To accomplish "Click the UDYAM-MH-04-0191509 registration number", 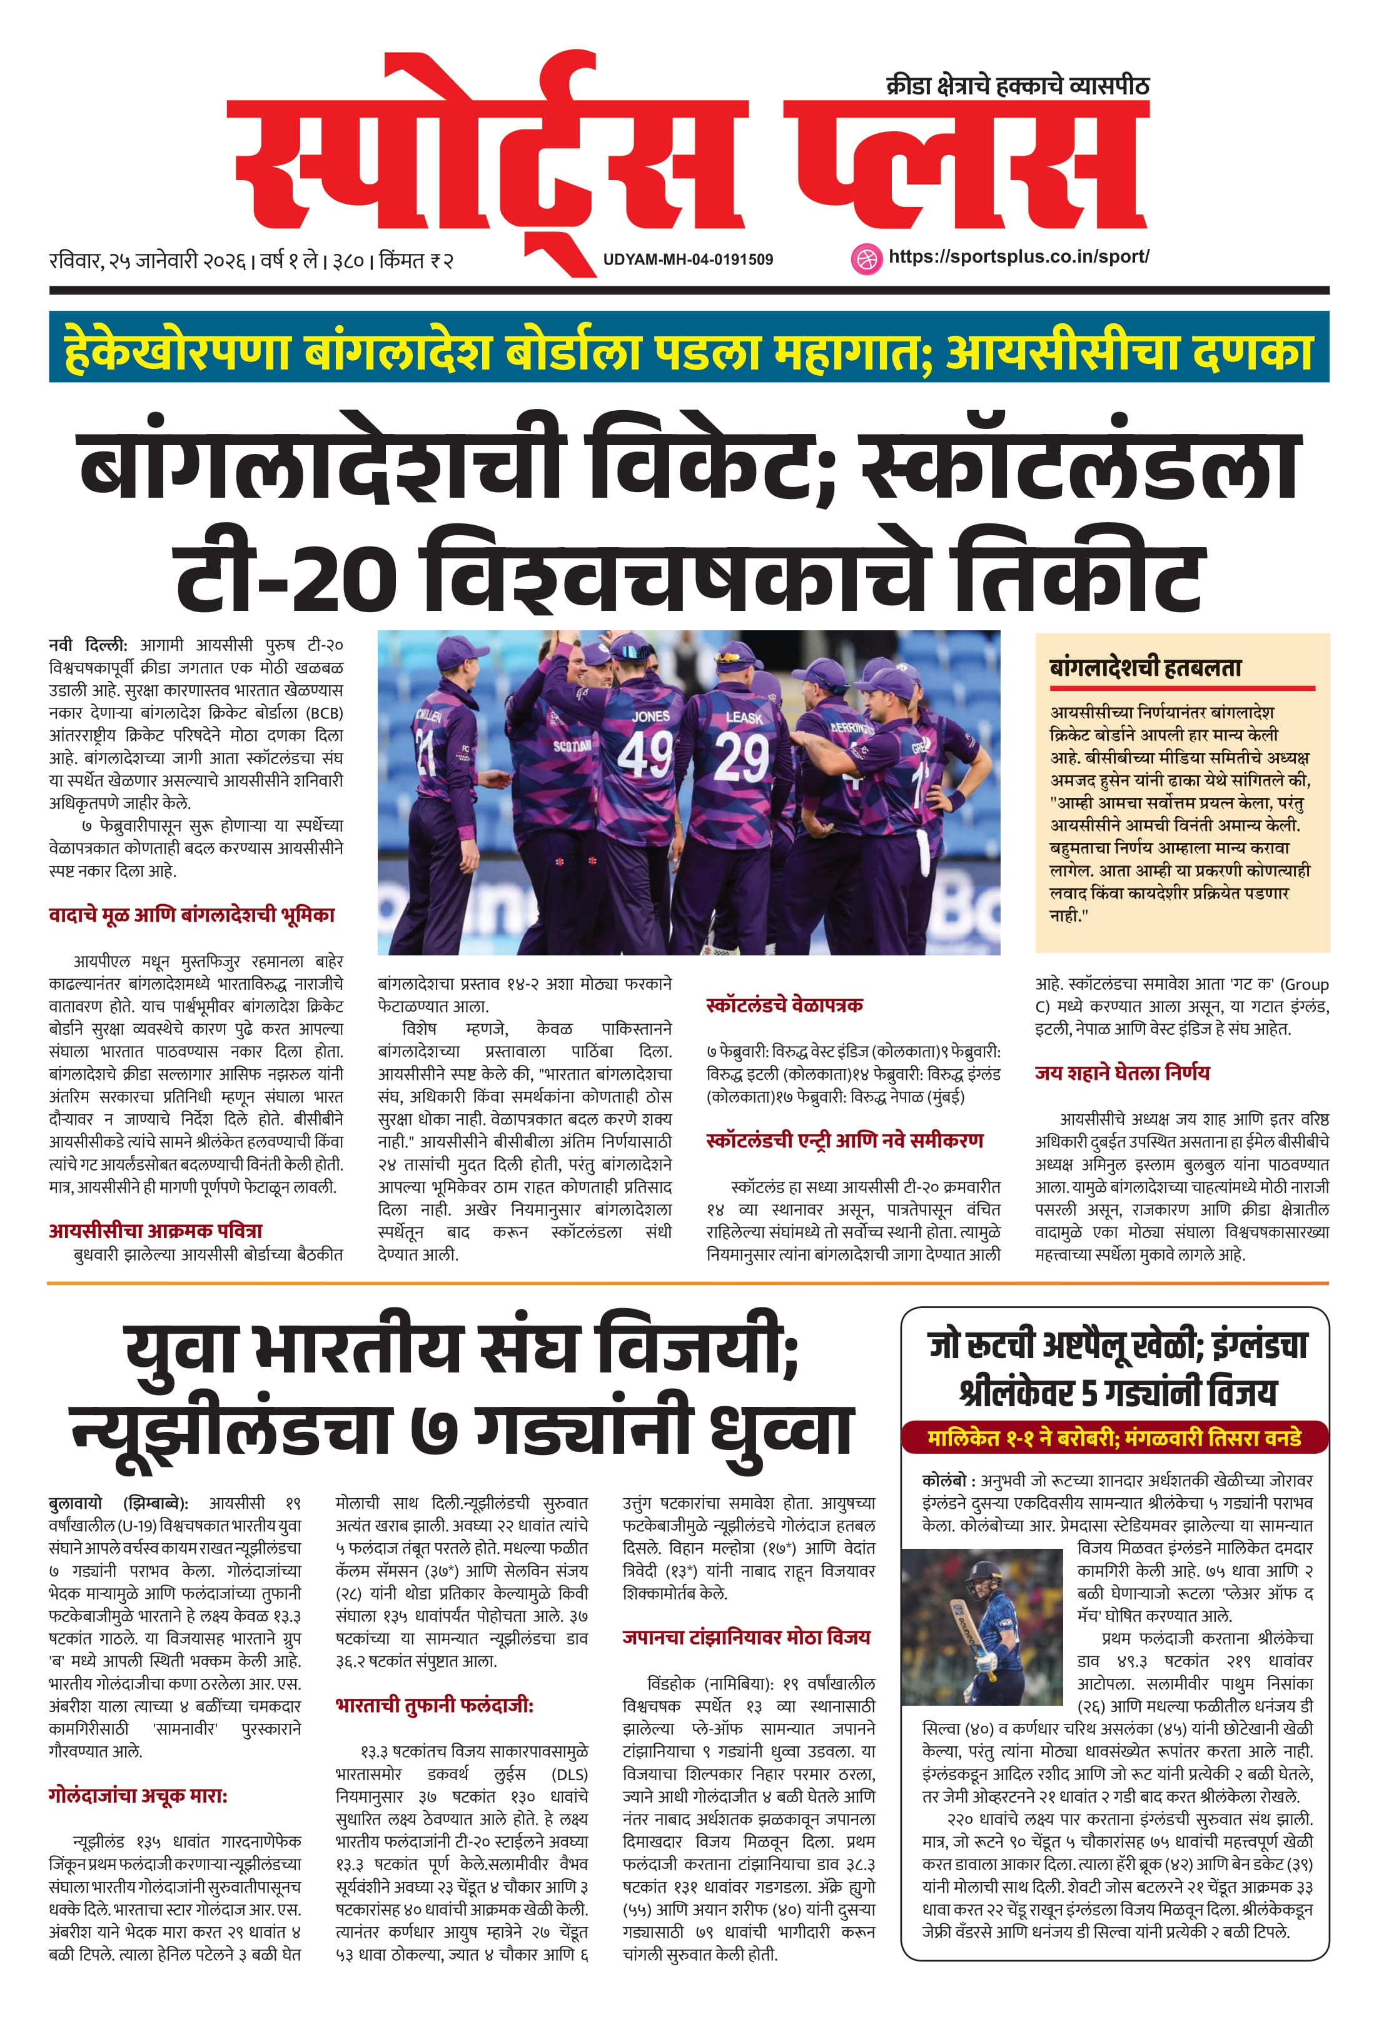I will coord(687,259).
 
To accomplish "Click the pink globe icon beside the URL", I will coord(866,259).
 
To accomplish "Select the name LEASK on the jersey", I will coord(744,718).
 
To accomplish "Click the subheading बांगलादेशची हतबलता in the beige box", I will coord(1145,667).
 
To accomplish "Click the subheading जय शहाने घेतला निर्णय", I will coord(1122,1073).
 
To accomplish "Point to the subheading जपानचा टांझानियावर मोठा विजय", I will coord(745,1638).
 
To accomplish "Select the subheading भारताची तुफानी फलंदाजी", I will coord(433,1705).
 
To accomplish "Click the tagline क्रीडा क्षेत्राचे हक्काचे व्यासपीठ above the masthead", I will coord(1017,85).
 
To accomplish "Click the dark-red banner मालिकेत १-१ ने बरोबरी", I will coord(1114,1437).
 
